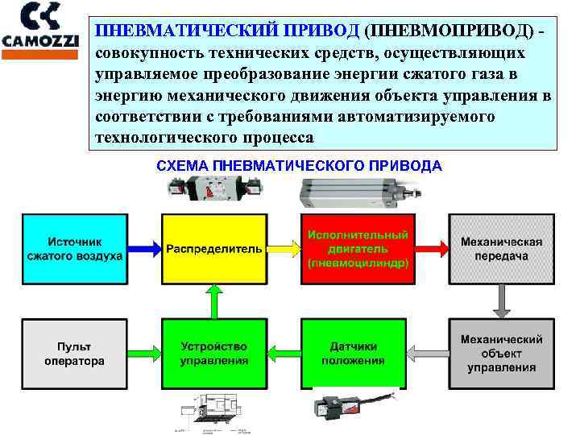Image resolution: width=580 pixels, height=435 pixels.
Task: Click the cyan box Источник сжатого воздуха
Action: click(75, 248)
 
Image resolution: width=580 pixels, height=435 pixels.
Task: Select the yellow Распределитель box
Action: click(214, 248)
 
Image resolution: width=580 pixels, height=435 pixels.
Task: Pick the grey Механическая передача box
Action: click(501, 248)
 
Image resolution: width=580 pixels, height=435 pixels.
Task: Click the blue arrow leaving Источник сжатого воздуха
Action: click(144, 248)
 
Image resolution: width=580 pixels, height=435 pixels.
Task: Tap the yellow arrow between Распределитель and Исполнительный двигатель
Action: click(284, 248)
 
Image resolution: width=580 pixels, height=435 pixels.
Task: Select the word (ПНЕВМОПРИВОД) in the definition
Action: click(448, 31)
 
